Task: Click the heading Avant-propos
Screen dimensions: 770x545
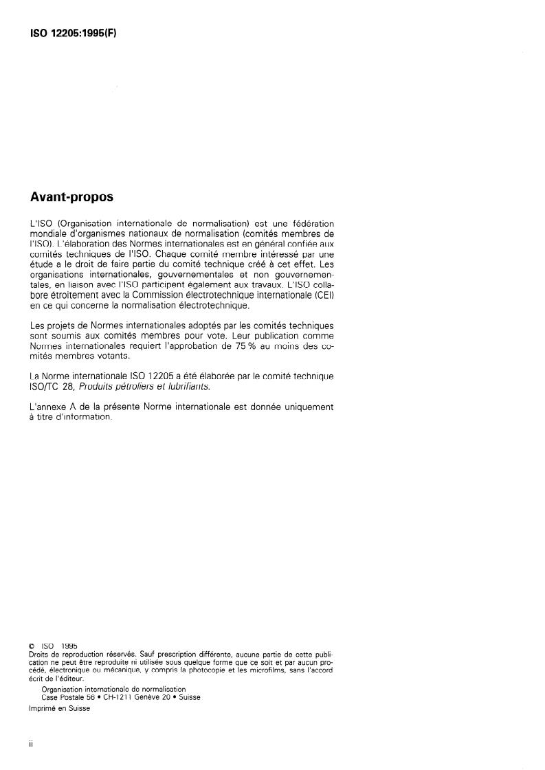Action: coord(71,197)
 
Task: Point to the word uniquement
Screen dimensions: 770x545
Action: coord(306,407)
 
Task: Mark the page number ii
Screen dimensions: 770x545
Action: coord(31,743)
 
